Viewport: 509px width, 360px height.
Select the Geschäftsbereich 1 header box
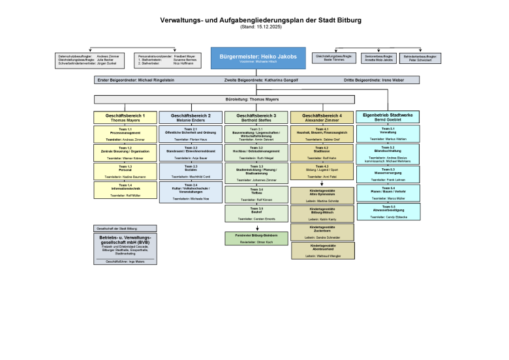click(125, 117)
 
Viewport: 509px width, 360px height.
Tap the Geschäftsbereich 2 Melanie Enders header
click(191, 117)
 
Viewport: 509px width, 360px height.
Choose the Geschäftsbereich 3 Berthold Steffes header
click(256, 117)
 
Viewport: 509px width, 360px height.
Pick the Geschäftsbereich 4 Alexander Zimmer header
click(322, 117)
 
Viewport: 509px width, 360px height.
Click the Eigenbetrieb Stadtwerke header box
click(388, 117)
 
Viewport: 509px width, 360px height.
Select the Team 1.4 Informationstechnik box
click(125, 190)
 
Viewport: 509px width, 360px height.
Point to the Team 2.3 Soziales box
click(191, 172)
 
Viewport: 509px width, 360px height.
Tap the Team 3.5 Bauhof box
click(256, 213)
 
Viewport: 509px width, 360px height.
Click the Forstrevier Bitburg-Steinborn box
click(256, 238)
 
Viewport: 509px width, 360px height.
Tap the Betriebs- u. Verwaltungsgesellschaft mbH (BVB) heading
click(125, 239)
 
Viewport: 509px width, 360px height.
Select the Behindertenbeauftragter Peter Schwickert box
click(420, 59)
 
